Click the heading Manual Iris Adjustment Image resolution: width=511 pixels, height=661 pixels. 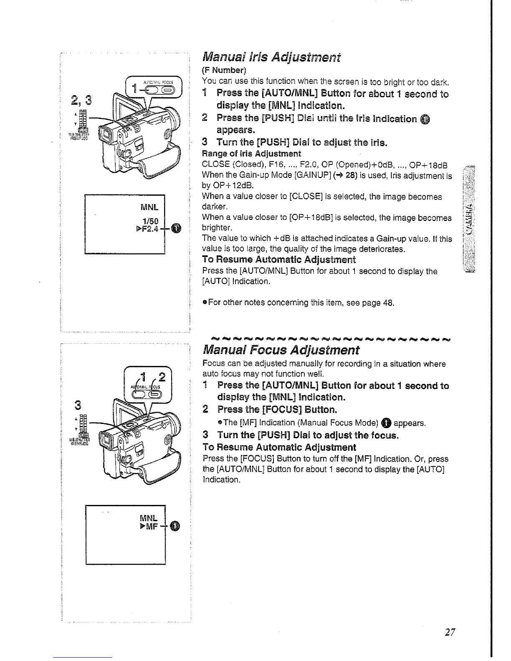(271, 57)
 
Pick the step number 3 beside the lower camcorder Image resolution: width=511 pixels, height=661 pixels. (77, 405)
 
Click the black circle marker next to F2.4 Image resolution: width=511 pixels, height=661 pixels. (177, 228)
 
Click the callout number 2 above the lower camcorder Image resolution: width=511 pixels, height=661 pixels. (162, 377)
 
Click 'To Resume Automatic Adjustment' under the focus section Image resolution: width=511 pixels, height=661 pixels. (279, 447)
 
